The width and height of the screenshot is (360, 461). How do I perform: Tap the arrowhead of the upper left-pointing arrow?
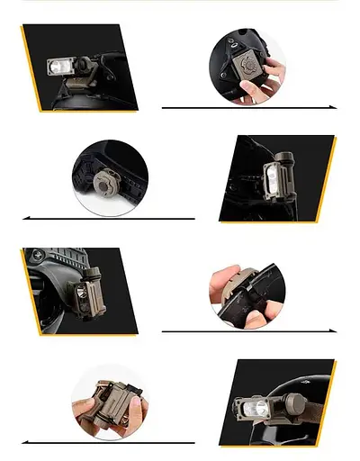tap(25, 218)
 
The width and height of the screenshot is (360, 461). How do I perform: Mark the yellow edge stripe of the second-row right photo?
tap(327, 180)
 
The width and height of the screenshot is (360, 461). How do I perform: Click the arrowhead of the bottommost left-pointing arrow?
tap(25, 442)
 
